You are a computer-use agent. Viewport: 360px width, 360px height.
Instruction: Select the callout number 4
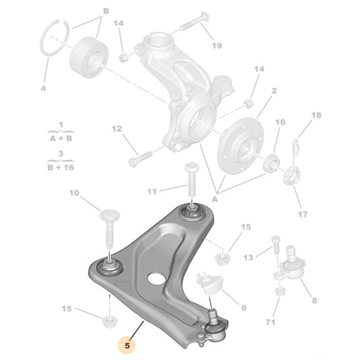[x=42, y=89]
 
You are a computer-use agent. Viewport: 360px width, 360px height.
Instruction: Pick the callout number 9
[x=243, y=308]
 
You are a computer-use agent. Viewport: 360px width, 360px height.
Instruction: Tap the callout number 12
[x=116, y=130]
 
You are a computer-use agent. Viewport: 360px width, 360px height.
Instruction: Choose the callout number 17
[x=302, y=214]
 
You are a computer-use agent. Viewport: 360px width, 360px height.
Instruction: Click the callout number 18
[x=315, y=115]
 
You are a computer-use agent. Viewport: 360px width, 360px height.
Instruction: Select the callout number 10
[x=75, y=193]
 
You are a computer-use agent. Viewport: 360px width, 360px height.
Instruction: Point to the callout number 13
[x=248, y=257]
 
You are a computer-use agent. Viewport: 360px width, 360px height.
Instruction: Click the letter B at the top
[x=106, y=12]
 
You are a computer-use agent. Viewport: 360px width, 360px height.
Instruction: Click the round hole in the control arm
[x=153, y=277]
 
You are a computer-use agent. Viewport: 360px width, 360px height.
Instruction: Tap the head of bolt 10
[x=109, y=214]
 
